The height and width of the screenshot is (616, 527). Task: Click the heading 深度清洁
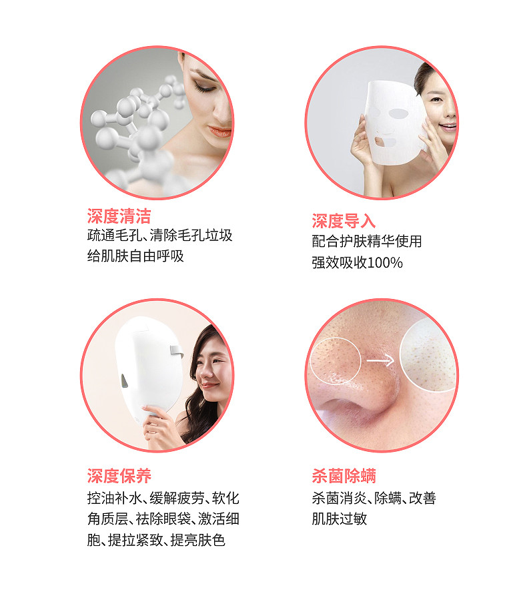tap(119, 216)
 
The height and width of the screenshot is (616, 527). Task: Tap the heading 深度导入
tap(344, 221)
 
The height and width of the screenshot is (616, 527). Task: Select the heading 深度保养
tap(119, 476)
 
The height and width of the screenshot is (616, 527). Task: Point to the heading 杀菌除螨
tap(344, 476)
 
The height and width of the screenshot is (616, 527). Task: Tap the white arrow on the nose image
tap(380, 360)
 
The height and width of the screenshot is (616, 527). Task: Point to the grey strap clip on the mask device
tap(177, 350)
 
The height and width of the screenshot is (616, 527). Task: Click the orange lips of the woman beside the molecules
tap(220, 131)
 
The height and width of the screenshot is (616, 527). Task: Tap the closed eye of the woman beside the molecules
tap(204, 87)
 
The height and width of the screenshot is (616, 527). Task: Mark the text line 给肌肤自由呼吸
tap(135, 256)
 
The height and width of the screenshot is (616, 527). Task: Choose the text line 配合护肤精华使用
tap(367, 241)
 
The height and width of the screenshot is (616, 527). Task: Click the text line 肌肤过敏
tap(340, 519)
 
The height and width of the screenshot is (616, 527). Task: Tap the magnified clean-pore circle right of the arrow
tap(428, 356)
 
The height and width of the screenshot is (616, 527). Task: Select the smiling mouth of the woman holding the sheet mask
tap(448, 127)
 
